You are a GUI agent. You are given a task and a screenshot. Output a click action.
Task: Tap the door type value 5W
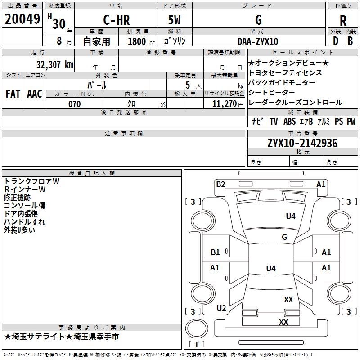pos(175,20)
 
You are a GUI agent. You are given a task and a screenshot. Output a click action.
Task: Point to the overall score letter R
pos(343,20)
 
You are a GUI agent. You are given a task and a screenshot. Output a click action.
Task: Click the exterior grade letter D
pos(335,40)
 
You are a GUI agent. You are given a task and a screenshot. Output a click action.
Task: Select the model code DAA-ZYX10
pos(258,41)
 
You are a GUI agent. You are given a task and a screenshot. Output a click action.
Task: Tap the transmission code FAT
pos(13,94)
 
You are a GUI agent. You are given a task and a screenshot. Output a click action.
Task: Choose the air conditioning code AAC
pos(35,94)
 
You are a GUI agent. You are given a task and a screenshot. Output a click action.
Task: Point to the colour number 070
pos(74,104)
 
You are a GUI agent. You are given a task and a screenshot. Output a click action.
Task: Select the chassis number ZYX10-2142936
pos(302,143)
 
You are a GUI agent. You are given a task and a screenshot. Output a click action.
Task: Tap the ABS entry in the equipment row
pos(289,121)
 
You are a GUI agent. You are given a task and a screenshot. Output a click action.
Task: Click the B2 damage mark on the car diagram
pos(220,184)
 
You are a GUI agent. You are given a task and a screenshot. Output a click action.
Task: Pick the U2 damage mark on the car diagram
pos(221,308)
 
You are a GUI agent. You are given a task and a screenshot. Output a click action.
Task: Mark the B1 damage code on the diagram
pos(216,252)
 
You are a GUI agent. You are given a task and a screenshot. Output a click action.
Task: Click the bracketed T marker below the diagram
pos(196,344)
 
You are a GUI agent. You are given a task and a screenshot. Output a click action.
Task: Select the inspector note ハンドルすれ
pos(24,222)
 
